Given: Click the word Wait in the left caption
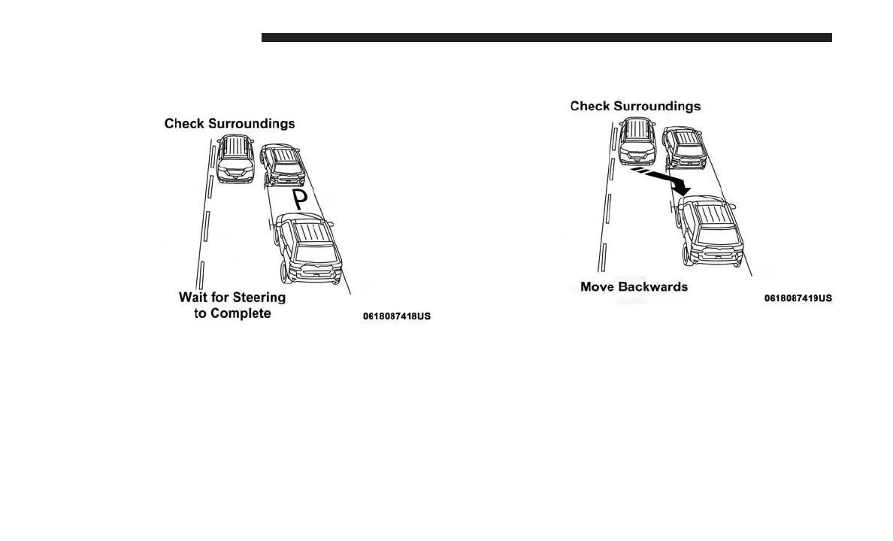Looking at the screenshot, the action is point(194,297).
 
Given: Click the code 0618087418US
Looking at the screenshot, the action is point(397,316).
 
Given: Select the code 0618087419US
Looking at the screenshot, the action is point(798,298).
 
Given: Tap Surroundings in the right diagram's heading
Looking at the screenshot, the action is point(657,106).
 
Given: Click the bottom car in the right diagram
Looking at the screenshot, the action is point(709,231).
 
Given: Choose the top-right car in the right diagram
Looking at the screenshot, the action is point(683,147).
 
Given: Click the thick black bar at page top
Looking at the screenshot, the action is point(546,38).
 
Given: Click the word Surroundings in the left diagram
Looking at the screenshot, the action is point(251,123).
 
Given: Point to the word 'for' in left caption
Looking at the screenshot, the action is point(222,297).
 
